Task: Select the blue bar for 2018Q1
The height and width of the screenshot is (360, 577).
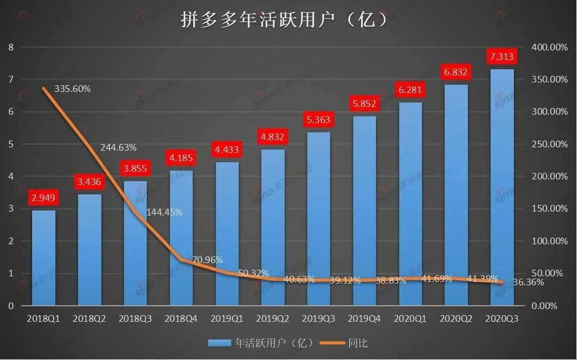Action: click(x=44, y=258)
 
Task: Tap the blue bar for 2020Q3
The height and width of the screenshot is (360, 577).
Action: click(x=502, y=188)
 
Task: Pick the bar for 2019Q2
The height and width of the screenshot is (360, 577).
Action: click(x=273, y=227)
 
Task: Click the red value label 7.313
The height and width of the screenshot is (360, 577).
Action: click(x=502, y=56)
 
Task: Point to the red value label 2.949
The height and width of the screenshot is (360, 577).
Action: click(x=44, y=198)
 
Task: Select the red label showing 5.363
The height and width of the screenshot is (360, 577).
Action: click(x=318, y=120)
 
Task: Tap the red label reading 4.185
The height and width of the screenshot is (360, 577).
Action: click(x=181, y=158)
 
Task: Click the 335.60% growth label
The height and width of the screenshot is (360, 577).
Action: click(x=72, y=89)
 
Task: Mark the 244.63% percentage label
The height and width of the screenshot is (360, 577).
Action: click(x=119, y=147)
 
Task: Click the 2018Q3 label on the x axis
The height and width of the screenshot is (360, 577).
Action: click(x=135, y=319)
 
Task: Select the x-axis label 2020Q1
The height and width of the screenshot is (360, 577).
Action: click(x=410, y=319)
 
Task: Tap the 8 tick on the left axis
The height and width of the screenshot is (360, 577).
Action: click(x=11, y=48)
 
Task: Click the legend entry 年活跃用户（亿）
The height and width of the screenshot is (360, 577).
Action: click(x=260, y=343)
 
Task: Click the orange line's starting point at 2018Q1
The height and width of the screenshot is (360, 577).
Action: click(x=44, y=89)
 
